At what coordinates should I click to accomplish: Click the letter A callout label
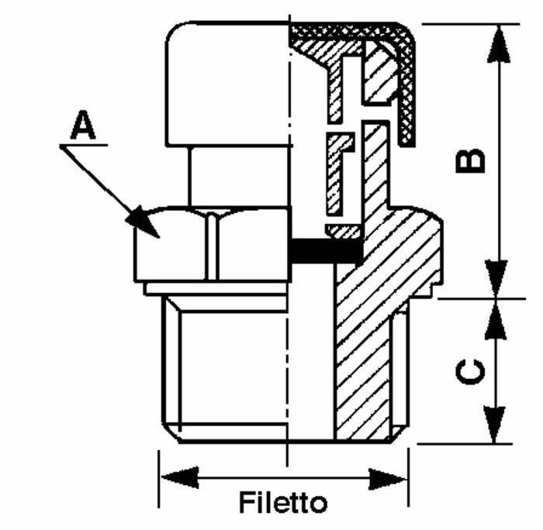83,126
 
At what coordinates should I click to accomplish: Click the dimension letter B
469,160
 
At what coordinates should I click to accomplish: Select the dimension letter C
469,373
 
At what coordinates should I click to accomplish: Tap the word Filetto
282,502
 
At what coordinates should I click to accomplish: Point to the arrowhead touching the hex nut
144,222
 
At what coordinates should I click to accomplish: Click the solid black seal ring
325,250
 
